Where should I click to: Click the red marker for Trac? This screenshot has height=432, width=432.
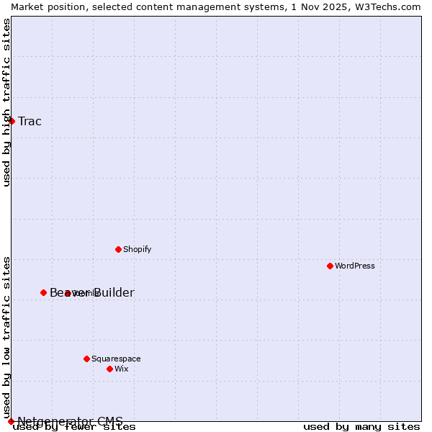(x=12, y=121)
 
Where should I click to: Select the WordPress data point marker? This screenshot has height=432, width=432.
(x=330, y=266)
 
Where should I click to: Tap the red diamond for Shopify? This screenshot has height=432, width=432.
(x=118, y=249)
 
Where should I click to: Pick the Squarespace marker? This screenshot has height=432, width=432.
(x=86, y=359)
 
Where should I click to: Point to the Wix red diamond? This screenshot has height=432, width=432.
(x=109, y=369)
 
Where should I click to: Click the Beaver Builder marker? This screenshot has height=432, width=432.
(x=43, y=292)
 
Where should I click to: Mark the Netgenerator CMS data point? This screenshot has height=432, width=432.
(x=11, y=421)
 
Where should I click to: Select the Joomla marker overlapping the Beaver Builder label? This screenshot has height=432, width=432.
(x=67, y=293)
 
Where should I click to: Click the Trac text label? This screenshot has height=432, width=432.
(x=30, y=121)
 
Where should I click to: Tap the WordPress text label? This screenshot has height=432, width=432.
(x=355, y=266)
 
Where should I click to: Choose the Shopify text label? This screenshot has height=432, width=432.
(x=137, y=249)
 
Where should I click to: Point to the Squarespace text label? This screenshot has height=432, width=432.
(x=116, y=359)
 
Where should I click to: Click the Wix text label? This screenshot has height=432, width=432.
(x=121, y=369)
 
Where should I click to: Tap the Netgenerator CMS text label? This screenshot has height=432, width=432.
(x=70, y=420)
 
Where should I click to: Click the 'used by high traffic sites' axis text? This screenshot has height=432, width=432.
(x=6, y=102)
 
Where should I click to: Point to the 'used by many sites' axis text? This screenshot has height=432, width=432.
(x=361, y=426)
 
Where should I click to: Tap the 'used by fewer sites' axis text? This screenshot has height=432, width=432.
(x=74, y=426)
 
